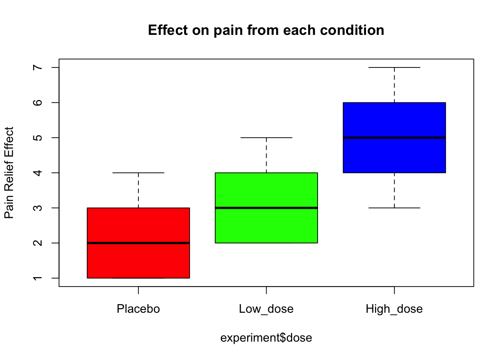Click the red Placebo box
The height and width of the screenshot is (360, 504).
point(138,225)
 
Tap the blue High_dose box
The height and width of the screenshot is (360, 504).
point(394,120)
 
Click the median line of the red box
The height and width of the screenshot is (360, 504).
point(138,243)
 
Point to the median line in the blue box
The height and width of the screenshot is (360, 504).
point(394,138)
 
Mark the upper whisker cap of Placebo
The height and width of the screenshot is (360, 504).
point(138,173)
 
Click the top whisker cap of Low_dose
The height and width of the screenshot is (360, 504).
point(266,138)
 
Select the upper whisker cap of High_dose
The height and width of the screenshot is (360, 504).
point(394,67)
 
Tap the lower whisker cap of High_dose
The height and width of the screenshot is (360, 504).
point(394,208)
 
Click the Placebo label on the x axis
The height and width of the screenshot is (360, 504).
point(138,309)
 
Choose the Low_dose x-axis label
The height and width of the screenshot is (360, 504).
point(266,309)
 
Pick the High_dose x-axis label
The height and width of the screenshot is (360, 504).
point(394,309)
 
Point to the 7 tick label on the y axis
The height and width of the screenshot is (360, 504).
point(37,67)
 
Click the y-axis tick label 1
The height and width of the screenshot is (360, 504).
point(37,278)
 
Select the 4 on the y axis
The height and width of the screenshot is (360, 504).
point(37,173)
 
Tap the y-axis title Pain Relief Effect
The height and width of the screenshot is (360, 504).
point(9,173)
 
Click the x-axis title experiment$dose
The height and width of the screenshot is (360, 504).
point(266,338)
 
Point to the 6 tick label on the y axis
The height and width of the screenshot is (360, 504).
point(37,102)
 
